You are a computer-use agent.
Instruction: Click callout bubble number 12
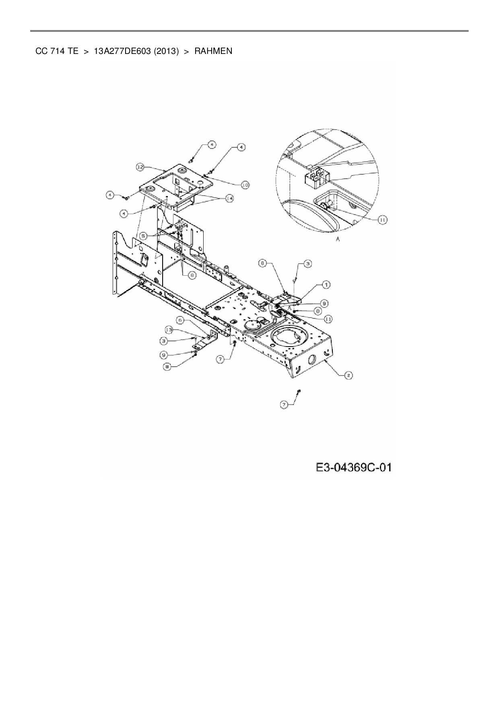[x=140, y=166]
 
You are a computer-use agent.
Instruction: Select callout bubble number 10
[x=245, y=184]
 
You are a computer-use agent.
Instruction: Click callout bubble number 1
[x=326, y=285]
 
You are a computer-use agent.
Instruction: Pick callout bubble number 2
[x=348, y=375]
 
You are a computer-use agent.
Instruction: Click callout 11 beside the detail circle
[x=382, y=219]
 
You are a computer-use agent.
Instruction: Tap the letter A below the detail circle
[x=338, y=239]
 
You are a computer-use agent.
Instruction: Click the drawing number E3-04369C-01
[x=354, y=467]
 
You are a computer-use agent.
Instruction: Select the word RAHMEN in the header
[x=213, y=52]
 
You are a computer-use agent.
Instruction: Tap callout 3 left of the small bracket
[x=163, y=341]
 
